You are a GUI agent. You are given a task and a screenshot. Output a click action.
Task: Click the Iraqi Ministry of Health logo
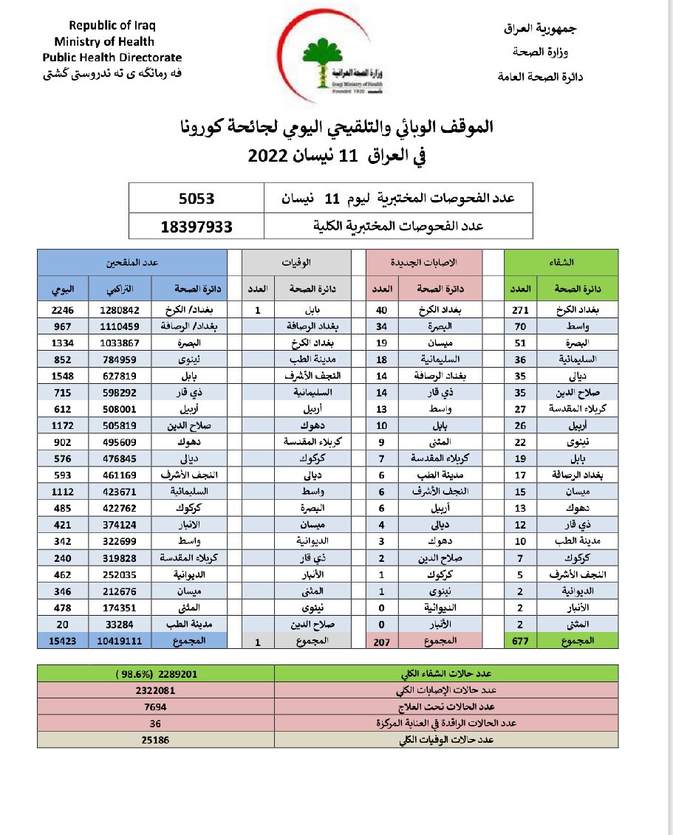335,62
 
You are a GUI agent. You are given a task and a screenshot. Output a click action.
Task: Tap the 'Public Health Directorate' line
112,57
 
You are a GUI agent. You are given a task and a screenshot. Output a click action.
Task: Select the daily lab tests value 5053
197,199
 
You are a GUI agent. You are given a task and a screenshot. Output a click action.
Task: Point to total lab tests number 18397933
197,226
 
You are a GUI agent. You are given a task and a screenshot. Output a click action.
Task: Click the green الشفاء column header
561,262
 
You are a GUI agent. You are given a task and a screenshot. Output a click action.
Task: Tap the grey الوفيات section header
296,262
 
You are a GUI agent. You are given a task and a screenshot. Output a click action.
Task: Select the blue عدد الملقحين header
132,262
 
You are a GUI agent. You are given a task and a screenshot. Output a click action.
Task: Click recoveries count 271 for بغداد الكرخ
520,310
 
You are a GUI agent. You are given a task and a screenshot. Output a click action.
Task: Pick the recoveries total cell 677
520,642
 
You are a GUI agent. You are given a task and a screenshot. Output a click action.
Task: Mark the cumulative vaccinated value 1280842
119,310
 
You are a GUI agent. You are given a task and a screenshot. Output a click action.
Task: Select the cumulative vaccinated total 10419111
119,642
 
